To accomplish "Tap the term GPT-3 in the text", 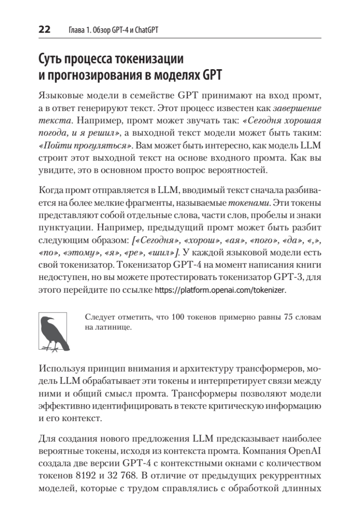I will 286,278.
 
